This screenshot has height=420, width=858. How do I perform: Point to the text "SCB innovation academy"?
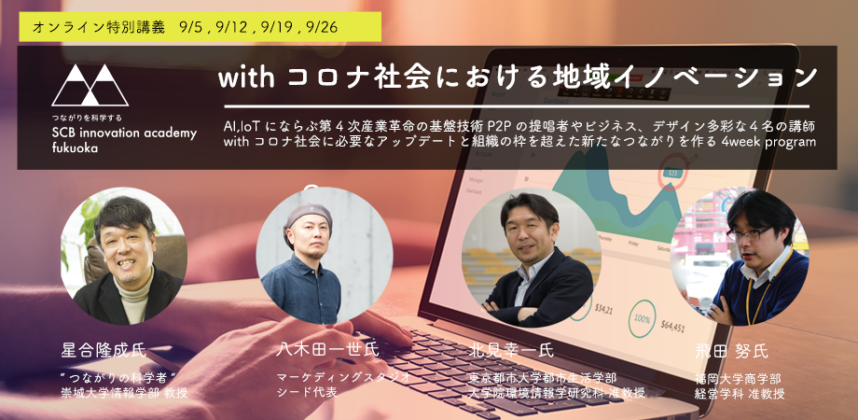click(x=124, y=133)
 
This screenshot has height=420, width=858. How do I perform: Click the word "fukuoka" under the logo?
click(x=77, y=148)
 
